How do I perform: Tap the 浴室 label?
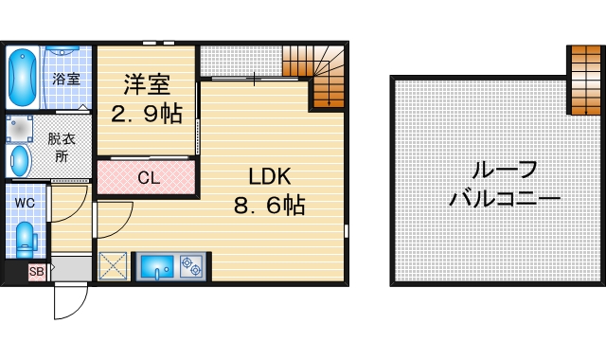coord(65,79)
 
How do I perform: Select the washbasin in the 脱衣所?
coord(20,160)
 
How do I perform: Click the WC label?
coord(25,202)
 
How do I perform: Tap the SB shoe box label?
coord(37,273)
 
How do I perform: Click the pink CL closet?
coord(148,178)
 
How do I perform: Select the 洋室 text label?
coord(147,83)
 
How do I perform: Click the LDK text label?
coord(269,176)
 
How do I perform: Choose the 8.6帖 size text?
coord(269,205)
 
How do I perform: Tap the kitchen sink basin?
coord(155,267)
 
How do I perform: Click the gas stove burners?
coord(190,266)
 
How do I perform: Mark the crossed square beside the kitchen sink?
coord(114,266)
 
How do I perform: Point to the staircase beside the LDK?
coord(316,76)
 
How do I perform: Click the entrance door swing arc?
coord(72,303)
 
